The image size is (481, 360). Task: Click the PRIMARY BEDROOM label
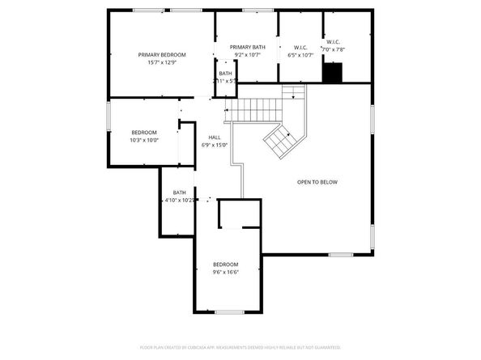click(x=161, y=54)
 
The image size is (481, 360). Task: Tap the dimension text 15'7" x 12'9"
click(x=161, y=62)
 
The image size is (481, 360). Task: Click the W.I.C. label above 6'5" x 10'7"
click(x=300, y=48)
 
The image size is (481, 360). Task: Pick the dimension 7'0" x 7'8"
click(x=333, y=49)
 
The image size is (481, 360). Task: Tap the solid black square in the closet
click(x=332, y=73)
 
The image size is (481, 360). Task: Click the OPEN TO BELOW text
click(x=317, y=182)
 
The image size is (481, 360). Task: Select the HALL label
click(x=215, y=137)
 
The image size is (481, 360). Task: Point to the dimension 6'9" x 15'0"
click(x=215, y=145)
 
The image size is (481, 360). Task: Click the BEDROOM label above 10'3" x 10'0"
click(x=144, y=132)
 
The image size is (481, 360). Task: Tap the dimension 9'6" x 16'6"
click(x=226, y=273)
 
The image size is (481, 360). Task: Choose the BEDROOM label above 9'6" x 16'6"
click(x=226, y=265)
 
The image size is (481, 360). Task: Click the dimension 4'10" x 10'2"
click(x=180, y=200)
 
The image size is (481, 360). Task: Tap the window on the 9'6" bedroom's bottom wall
click(x=230, y=311)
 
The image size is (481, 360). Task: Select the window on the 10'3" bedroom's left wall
click(x=109, y=116)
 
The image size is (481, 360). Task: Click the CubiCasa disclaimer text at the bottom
click(x=240, y=346)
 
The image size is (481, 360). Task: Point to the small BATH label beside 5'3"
click(x=224, y=74)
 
